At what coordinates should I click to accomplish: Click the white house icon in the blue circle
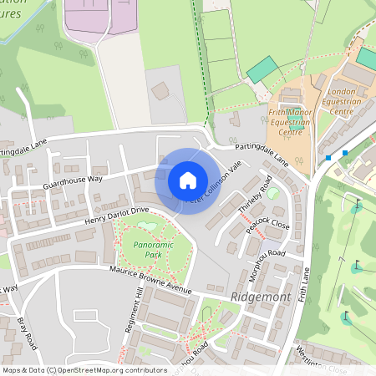(187, 180)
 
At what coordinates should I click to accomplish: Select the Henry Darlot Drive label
(115, 215)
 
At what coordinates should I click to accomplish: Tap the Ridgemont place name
(257, 297)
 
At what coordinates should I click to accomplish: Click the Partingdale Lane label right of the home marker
(262, 154)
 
